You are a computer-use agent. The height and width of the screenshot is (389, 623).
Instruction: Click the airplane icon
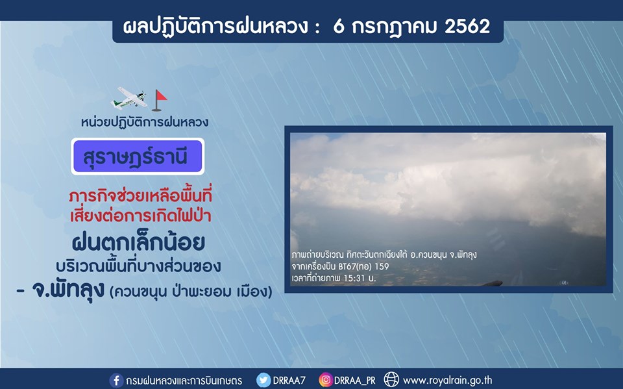click(x=128, y=98)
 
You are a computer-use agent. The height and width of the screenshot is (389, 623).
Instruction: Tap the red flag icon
click(x=160, y=100)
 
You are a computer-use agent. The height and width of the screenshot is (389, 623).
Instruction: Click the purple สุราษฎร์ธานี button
click(x=138, y=157)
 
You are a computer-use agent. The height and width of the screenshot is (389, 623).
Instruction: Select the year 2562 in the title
click(x=467, y=27)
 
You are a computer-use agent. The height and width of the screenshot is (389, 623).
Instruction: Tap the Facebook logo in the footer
click(x=116, y=381)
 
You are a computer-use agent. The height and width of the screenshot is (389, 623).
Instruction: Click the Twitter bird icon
click(x=263, y=381)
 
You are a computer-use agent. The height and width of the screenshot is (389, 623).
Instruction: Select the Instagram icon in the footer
click(x=325, y=381)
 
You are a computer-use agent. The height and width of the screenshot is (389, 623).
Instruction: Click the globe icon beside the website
click(x=391, y=380)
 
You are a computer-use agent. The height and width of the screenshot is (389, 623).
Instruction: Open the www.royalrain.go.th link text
click(x=447, y=381)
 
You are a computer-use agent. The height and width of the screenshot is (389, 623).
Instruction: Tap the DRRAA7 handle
click(x=289, y=381)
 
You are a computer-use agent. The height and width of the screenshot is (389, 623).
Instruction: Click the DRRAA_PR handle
click(x=354, y=381)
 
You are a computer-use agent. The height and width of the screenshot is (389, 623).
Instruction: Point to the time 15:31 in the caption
click(x=354, y=278)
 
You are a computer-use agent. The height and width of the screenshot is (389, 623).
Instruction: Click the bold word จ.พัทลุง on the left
click(x=68, y=290)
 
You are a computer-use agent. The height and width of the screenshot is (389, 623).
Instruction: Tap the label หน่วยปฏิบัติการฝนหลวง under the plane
click(x=145, y=121)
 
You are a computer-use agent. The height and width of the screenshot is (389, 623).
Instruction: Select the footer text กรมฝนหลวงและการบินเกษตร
click(x=184, y=381)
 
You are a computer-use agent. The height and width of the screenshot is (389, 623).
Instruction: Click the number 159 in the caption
click(x=382, y=266)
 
